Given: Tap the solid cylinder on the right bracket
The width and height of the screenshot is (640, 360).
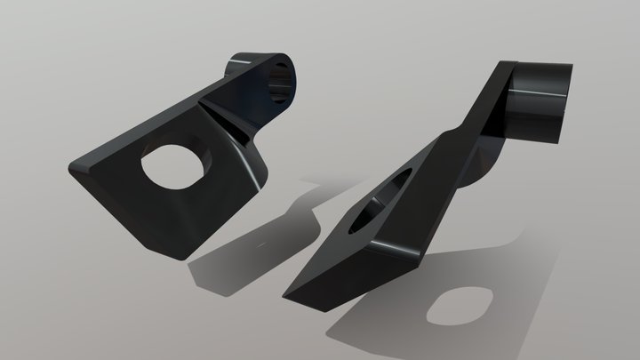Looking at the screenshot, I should click(x=538, y=102).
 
